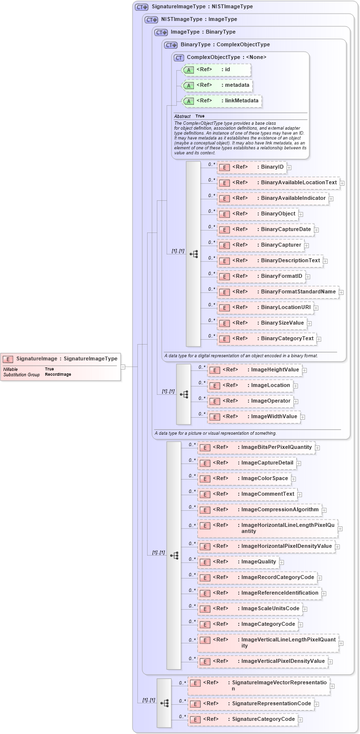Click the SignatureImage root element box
tap(61, 359)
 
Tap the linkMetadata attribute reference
tap(222, 101)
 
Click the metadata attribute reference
tap(217, 85)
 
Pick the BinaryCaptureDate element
tap(265, 230)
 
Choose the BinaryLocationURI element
tap(265, 308)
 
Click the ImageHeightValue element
tap(254, 370)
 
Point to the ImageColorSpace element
tap(244, 479)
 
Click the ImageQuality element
tap(238, 562)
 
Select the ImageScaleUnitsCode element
tap(249, 609)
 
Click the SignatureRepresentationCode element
tap(250, 704)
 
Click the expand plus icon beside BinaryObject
tap(301, 214)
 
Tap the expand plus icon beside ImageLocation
tap(296, 386)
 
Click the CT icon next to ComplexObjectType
tap(179, 58)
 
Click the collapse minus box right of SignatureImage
tap(123, 367)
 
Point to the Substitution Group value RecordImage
tap(58, 374)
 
